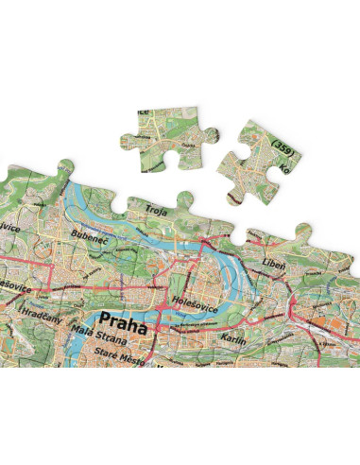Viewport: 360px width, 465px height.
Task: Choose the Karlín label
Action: [x=232, y=336]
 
